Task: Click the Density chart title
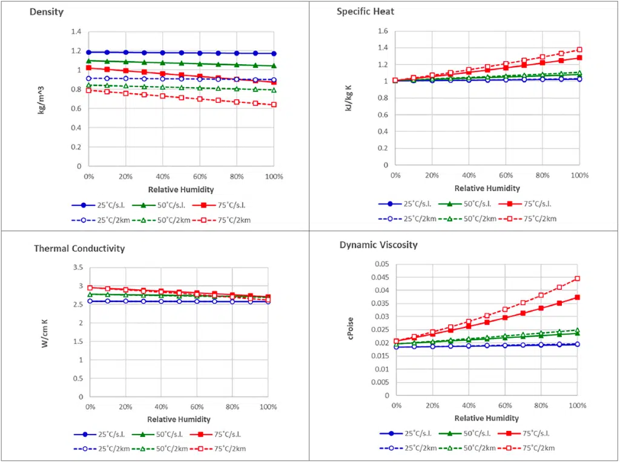click(47, 12)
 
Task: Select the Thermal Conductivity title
click(79, 248)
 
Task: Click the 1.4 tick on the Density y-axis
click(76, 31)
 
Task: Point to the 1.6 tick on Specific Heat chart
click(383, 31)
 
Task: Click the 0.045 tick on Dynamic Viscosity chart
click(380, 277)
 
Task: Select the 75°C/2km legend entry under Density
click(225, 220)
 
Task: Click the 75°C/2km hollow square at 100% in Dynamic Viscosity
click(578, 278)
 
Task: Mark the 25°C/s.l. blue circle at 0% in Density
click(89, 53)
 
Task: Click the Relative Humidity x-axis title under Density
click(180, 188)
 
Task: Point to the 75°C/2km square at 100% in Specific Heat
click(579, 50)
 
